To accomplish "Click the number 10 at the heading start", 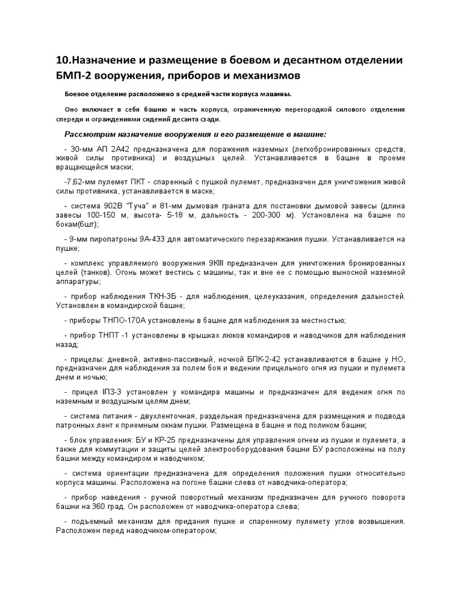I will pos(62,61).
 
